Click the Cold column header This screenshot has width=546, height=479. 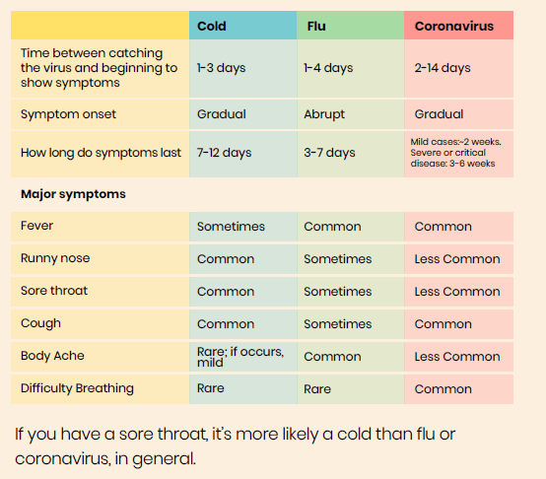211,26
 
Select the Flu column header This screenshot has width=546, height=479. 316,26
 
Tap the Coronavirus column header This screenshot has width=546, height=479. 454,26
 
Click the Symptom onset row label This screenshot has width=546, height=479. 68,114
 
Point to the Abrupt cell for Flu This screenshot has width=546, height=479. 324,114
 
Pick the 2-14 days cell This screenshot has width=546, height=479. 443,68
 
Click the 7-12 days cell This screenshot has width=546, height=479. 224,153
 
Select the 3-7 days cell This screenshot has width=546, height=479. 329,153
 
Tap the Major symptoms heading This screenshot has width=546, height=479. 73,194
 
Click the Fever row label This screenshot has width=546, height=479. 36,226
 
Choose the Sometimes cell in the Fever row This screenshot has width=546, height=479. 231,227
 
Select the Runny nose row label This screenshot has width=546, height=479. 55,258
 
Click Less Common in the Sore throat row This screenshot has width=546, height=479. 457,292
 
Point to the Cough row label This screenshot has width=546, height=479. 40,323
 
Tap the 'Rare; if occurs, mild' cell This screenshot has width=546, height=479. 240,357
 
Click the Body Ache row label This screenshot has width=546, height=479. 52,356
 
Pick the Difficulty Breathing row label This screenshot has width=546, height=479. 77,388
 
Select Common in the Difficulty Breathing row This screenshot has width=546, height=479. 443,389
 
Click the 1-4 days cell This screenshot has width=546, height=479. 328,68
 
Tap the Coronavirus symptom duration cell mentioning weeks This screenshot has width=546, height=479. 455,153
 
